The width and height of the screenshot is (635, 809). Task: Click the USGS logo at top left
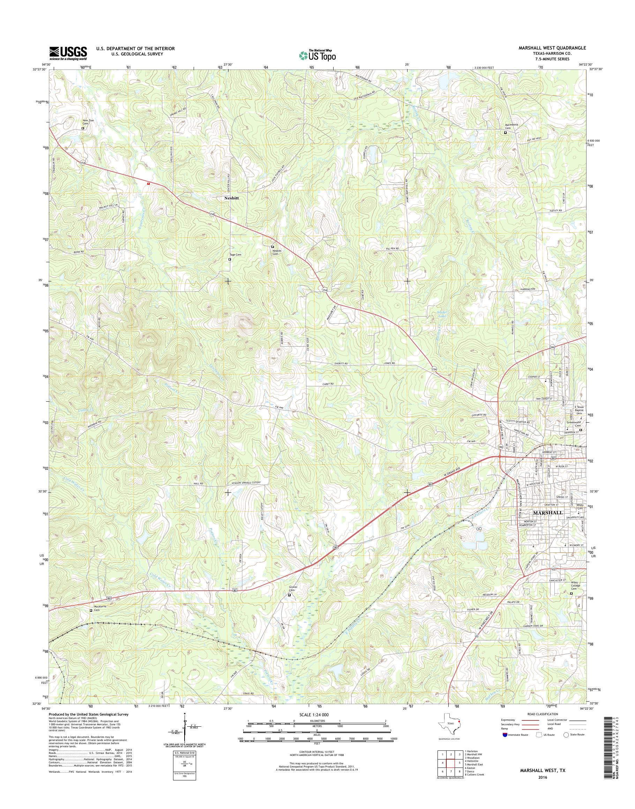pos(68,53)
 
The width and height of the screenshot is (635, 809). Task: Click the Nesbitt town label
pos(231,198)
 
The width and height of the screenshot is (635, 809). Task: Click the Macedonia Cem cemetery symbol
pos(505,132)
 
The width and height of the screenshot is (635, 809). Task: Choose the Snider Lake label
pos(441,314)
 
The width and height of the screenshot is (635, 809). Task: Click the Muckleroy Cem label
pos(97,608)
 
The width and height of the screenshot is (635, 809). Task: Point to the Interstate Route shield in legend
pos(505,735)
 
